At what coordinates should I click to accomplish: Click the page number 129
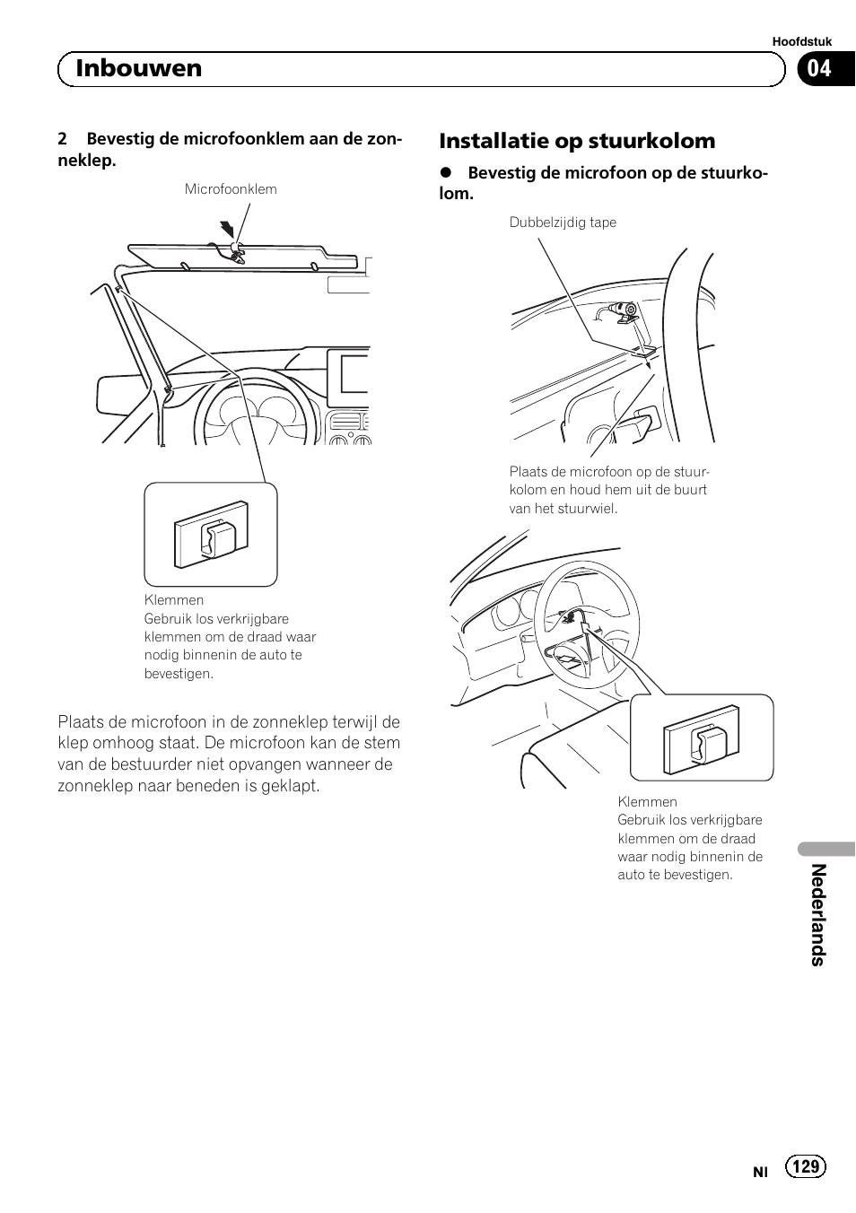pyautogui.click(x=806, y=1165)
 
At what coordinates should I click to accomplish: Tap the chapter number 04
pyautogui.click(x=819, y=68)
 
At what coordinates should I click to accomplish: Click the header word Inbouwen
pyautogui.click(x=139, y=68)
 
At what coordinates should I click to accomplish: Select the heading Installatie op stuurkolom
pyautogui.click(x=577, y=141)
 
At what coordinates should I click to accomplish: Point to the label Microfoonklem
pyautogui.click(x=231, y=189)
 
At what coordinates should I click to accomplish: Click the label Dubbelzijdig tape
pyautogui.click(x=563, y=223)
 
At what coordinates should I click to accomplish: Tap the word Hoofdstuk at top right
pyautogui.click(x=802, y=41)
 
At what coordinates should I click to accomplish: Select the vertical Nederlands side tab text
pyautogui.click(x=817, y=914)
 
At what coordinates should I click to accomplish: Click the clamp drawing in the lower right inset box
pyautogui.click(x=702, y=738)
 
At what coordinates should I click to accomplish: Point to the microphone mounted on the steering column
pyautogui.click(x=622, y=311)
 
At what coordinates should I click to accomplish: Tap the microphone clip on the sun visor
pyautogui.click(x=236, y=252)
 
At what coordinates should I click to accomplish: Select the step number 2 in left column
pyautogui.click(x=62, y=139)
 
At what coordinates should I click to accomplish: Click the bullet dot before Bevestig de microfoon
pyautogui.click(x=444, y=173)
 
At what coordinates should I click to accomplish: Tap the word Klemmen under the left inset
pyautogui.click(x=174, y=600)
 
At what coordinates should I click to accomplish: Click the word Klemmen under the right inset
pyautogui.click(x=647, y=802)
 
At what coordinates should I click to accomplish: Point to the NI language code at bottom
pyautogui.click(x=761, y=1172)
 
